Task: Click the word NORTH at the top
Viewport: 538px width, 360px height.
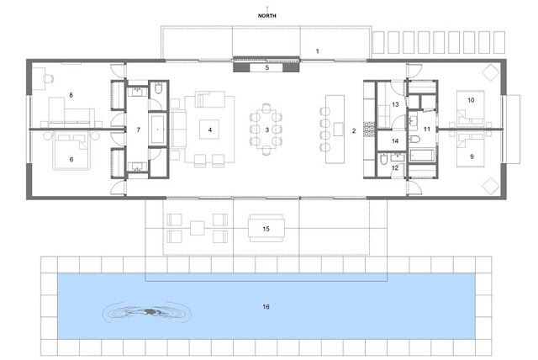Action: tap(267, 16)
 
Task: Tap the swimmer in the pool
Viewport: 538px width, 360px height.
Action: tap(146, 312)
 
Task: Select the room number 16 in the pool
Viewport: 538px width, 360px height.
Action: tap(266, 306)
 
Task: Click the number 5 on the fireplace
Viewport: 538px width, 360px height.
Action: tap(267, 67)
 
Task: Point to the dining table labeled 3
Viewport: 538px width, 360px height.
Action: tap(266, 130)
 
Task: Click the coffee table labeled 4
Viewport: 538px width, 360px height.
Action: tap(209, 130)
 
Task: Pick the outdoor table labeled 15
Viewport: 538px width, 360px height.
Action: tap(266, 228)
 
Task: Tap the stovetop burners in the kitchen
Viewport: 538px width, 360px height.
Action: tap(369, 127)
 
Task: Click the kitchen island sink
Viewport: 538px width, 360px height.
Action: tap(338, 130)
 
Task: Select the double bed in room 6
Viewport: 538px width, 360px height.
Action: tap(71, 151)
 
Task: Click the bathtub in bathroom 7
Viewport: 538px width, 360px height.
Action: tap(158, 129)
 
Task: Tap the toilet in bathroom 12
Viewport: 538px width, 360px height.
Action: tap(384, 159)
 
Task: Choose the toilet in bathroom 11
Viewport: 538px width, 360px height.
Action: tap(414, 140)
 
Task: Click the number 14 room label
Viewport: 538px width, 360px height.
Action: tap(395, 141)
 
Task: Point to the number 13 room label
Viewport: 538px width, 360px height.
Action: tap(395, 104)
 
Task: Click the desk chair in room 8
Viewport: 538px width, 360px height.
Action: tap(49, 79)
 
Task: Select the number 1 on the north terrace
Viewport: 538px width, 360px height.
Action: tap(318, 51)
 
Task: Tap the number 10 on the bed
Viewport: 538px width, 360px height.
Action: tap(471, 100)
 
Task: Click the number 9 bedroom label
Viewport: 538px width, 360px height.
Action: tap(472, 156)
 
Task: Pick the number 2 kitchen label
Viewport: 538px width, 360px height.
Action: tap(354, 130)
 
